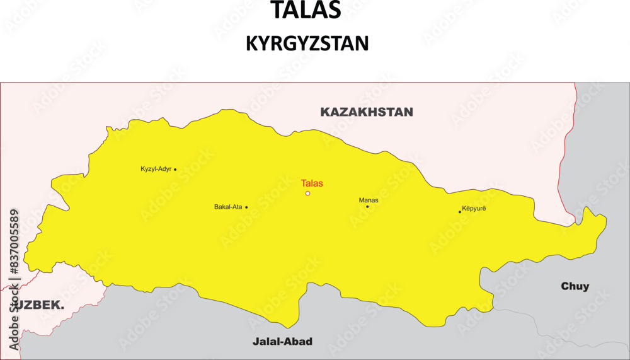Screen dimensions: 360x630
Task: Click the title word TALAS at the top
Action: coord(306,10)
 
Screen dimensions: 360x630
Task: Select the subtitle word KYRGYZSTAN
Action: coord(307,43)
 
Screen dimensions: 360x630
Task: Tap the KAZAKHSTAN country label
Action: coord(367,112)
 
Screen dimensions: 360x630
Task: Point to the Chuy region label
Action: coord(575,287)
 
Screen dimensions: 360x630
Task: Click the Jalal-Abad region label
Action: coord(282,342)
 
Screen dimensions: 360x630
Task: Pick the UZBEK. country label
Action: coord(39,305)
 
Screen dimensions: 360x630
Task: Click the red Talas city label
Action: coord(311,183)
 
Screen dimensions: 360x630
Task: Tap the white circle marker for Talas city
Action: coord(307,194)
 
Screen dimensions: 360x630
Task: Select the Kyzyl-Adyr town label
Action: coord(156,169)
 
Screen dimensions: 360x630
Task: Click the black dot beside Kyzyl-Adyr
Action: coord(175,169)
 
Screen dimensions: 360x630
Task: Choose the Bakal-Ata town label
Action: coord(228,207)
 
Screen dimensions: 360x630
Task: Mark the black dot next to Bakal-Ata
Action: coord(246,207)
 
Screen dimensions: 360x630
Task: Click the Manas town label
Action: coord(369,200)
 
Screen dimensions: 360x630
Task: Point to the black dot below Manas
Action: coord(367,207)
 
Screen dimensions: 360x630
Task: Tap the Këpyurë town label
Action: coord(474,207)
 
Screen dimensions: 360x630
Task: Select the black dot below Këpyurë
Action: coord(460,212)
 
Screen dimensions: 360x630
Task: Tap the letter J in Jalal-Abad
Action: coord(255,342)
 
